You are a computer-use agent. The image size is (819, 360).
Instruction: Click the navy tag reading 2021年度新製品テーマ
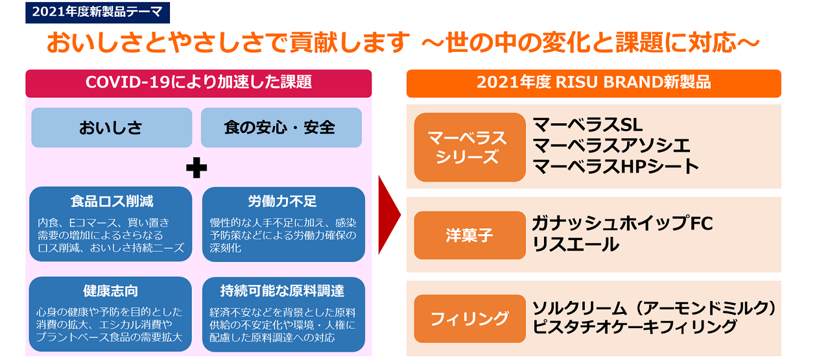(x=98, y=12)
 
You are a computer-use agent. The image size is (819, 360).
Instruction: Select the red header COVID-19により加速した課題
(x=198, y=84)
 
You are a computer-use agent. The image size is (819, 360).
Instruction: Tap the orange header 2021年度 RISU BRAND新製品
(x=594, y=84)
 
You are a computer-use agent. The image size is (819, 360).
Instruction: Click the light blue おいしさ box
(x=112, y=128)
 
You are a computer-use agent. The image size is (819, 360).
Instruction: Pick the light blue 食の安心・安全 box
(x=281, y=128)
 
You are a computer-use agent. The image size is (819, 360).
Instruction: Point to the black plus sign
(x=196, y=167)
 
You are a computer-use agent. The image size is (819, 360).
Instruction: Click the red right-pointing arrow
(x=389, y=215)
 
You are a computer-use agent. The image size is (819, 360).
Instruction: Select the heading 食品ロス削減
(x=112, y=202)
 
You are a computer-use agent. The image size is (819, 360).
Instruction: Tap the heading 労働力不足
(x=282, y=202)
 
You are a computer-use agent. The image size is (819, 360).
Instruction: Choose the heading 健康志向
(x=110, y=291)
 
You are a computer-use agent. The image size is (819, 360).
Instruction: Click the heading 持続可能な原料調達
(x=282, y=291)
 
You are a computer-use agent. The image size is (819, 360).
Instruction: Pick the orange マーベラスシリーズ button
(x=470, y=147)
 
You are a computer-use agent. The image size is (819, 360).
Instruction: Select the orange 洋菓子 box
(x=470, y=235)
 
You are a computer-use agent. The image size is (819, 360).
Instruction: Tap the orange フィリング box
(x=470, y=318)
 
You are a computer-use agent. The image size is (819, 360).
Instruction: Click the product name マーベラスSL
(x=588, y=125)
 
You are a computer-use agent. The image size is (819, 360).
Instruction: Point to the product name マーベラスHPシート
(x=616, y=167)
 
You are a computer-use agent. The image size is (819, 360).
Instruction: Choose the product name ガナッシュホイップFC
(x=623, y=223)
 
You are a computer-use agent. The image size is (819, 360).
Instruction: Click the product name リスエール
(x=575, y=245)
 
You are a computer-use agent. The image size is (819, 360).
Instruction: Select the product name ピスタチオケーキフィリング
(x=634, y=327)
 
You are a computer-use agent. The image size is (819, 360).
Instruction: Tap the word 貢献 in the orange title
(x=313, y=43)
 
